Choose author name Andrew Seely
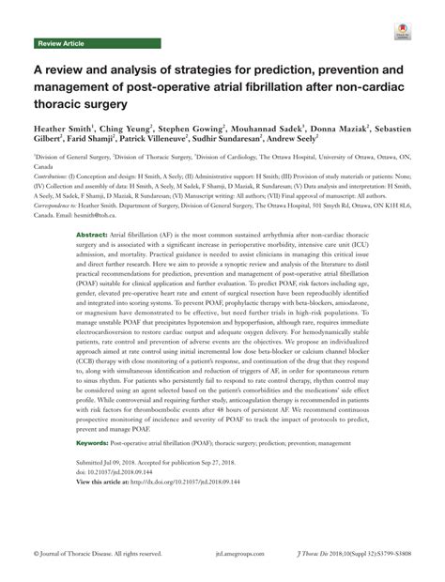pos(305,138)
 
